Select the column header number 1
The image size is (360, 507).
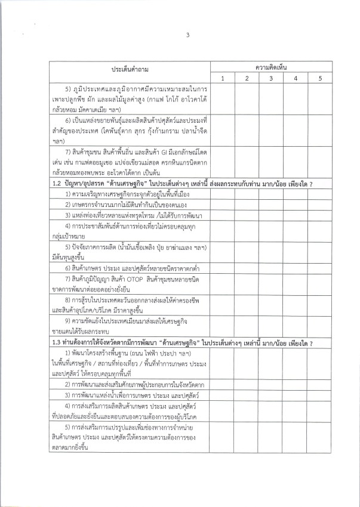tap(222, 78)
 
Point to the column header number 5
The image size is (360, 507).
tap(319, 78)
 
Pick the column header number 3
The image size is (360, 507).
tap(270, 78)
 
